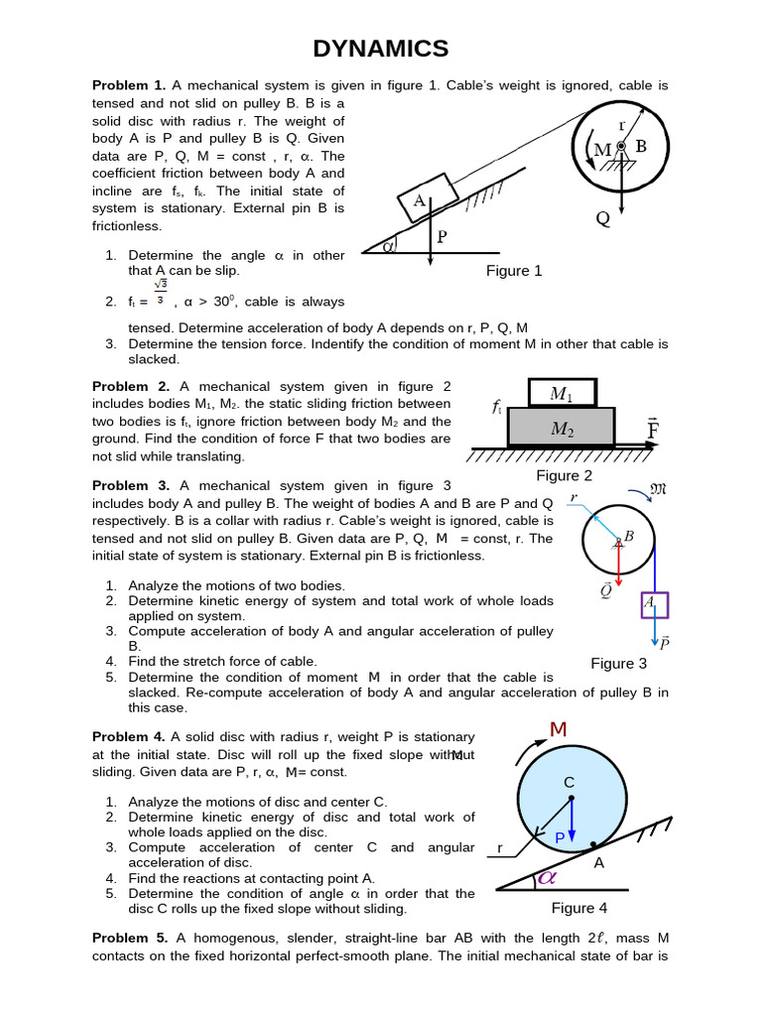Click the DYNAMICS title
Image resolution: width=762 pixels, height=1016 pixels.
[x=381, y=48]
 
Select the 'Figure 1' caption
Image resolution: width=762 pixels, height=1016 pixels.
[x=513, y=271]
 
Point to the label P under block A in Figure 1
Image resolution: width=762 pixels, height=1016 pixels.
[x=443, y=238]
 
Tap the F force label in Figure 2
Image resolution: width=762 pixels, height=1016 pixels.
[x=653, y=429]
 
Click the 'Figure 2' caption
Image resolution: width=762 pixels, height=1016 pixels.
[x=564, y=475]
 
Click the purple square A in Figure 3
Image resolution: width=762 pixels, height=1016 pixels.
[x=654, y=603]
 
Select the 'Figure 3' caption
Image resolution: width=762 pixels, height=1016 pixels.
[x=618, y=663]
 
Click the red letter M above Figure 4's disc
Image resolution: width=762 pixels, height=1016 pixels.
[x=558, y=730]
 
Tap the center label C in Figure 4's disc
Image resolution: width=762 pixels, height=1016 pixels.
[x=570, y=783]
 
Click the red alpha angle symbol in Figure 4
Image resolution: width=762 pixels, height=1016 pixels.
[x=546, y=878]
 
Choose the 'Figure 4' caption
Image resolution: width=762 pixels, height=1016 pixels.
[x=579, y=908]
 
